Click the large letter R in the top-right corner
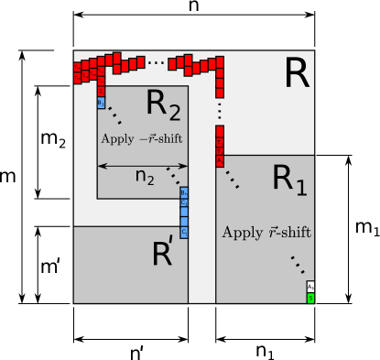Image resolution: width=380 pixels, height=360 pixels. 297,73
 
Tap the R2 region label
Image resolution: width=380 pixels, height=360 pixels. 163,106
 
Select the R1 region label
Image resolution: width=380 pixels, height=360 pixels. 289,180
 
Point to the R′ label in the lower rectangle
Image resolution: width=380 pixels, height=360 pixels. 163,254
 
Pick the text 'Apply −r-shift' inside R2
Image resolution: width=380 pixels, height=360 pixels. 141,137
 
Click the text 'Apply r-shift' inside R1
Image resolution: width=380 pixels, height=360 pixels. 266,233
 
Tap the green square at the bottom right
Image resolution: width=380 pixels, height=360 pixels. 310,298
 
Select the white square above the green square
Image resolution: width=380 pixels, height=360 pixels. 310,287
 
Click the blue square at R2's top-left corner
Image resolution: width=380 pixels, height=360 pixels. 101,103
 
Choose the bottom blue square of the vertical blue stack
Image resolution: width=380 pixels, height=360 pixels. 184,233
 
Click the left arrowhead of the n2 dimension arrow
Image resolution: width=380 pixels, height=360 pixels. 101,166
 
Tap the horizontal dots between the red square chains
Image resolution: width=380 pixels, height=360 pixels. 157,62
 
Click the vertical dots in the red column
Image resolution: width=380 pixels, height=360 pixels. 220,110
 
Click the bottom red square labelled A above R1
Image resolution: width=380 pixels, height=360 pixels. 220,160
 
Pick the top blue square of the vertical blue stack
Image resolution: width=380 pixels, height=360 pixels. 184,192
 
